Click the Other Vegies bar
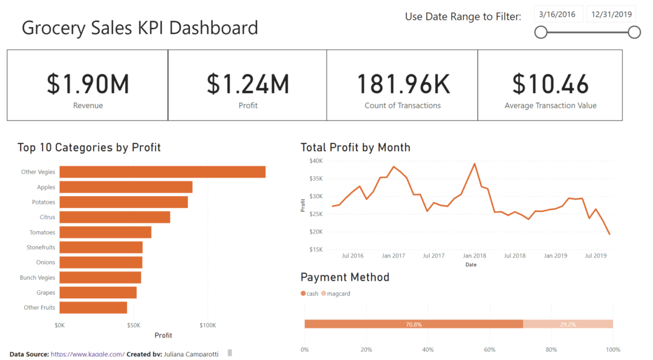click(x=162, y=172)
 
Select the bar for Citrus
click(x=114, y=217)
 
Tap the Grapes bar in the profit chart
click(x=98, y=293)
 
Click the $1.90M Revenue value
click(x=88, y=84)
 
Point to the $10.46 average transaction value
click(x=550, y=84)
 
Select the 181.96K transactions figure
click(x=403, y=84)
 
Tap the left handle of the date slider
click(x=541, y=32)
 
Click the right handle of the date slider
click(x=634, y=32)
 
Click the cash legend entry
click(x=310, y=293)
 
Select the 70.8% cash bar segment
click(x=414, y=324)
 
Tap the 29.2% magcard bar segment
click(x=568, y=324)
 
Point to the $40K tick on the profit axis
click(x=316, y=161)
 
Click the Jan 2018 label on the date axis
click(x=475, y=256)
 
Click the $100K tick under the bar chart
click(x=207, y=326)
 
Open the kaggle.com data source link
click(x=88, y=354)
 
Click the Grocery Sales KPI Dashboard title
click(x=140, y=28)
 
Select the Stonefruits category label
click(x=41, y=247)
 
